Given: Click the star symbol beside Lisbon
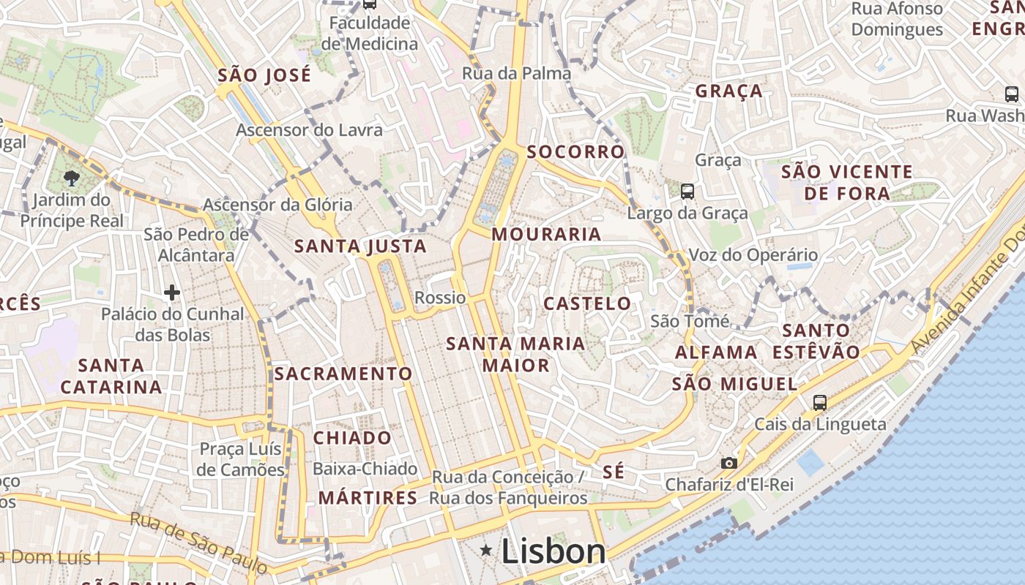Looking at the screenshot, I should coord(485,549).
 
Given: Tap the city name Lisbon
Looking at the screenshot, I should coord(553,551).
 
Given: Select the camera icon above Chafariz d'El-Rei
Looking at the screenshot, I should coord(728,463).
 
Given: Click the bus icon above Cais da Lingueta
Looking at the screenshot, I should coord(820,402).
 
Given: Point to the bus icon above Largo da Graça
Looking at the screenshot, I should coord(687,192).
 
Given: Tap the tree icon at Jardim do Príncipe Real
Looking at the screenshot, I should coord(71,177).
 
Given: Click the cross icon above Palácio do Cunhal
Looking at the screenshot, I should coord(172,292).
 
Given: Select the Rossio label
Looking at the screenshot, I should coord(440,298).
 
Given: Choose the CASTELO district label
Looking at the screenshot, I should coord(587,303).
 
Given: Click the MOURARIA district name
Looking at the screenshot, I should coord(547,235).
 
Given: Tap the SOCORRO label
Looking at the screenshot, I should coord(576,152).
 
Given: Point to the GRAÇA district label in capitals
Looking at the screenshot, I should coord(729,91).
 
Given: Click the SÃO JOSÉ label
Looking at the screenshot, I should coord(264,75).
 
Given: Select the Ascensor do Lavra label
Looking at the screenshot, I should coord(309,130).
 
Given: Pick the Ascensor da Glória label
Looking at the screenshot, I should coord(277,205).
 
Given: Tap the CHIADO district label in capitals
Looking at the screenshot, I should coord(353,438).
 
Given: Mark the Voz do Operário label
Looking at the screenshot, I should coord(753,255).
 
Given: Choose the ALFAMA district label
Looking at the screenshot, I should coord(716,352).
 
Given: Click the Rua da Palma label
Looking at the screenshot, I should coord(517,73).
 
